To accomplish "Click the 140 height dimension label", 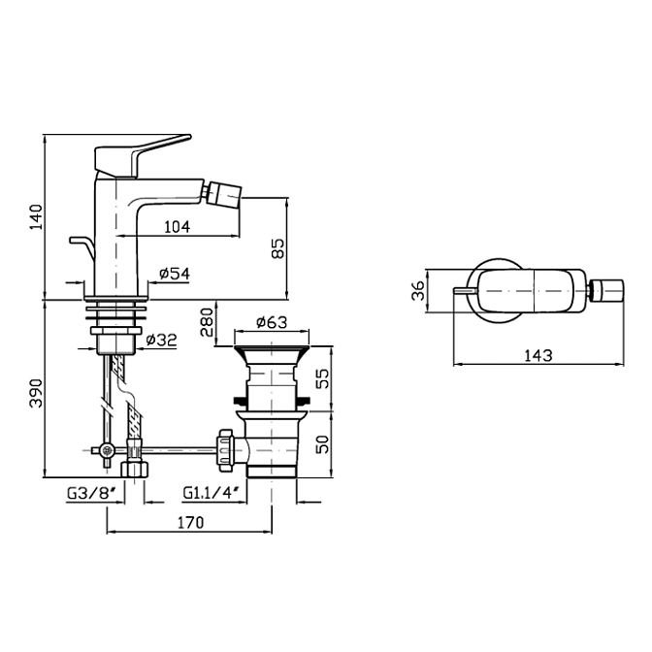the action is click(x=36, y=217).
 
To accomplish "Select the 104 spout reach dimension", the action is click(x=178, y=227).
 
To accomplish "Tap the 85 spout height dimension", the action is click(x=277, y=248).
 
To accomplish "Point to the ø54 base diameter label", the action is click(x=175, y=274).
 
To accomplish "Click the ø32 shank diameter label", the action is click(x=162, y=340).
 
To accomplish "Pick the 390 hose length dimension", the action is click(x=36, y=393).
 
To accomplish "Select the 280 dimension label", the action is click(x=207, y=322).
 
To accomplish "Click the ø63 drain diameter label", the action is click(x=272, y=321).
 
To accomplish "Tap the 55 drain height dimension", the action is click(x=323, y=378).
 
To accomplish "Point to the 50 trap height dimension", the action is click(x=323, y=444).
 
